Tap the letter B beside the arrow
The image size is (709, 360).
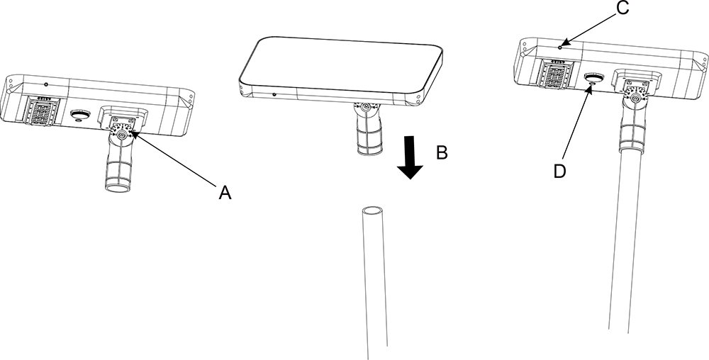[441, 152]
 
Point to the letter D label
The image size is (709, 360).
[559, 171]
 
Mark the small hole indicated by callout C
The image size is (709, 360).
[560, 47]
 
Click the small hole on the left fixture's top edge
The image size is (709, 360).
[46, 85]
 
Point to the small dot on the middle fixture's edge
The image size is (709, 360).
[274, 94]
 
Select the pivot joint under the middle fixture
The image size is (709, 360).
[365, 108]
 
